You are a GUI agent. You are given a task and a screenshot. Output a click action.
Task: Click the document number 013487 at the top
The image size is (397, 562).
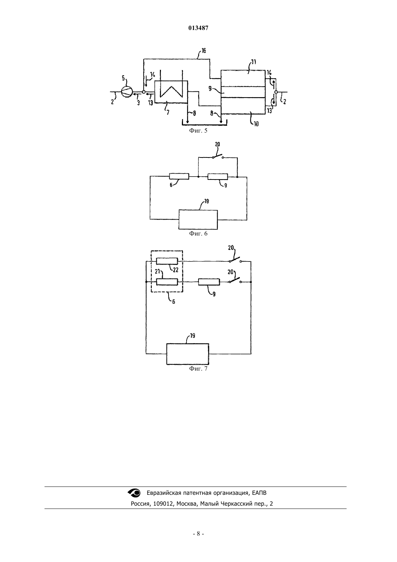[198, 28]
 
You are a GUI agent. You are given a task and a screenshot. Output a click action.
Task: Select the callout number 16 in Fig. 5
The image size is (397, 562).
[204, 51]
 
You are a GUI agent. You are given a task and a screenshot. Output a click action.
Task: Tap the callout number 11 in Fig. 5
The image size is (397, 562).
[254, 62]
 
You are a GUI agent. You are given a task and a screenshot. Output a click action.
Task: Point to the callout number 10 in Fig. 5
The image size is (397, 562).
[256, 124]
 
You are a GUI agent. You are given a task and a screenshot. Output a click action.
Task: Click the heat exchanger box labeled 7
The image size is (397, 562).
[171, 92]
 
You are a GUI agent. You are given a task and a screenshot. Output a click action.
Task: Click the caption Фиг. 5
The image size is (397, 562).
[198, 130]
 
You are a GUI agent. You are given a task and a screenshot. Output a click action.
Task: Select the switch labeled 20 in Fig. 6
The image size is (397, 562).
[218, 156]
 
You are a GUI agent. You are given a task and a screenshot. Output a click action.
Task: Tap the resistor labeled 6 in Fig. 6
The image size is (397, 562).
[179, 176]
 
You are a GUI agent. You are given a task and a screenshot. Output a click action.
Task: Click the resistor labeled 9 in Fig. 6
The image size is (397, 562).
[218, 177]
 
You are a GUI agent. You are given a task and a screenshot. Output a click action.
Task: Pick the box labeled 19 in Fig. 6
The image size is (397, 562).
[198, 220]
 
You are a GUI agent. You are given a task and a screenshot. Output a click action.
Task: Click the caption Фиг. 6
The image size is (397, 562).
[198, 234]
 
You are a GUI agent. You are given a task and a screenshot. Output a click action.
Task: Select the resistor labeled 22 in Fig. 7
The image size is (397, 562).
[167, 261]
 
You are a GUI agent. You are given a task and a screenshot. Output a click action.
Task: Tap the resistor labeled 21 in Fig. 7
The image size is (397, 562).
[167, 282]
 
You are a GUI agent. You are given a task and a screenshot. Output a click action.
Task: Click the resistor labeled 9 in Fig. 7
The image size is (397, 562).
[209, 282]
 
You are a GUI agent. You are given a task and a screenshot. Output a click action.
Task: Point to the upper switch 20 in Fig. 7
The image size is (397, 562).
[235, 260]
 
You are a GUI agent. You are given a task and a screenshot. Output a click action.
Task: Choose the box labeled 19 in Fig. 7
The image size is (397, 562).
[188, 354]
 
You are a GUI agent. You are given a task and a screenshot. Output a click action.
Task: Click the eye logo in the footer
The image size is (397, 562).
[134, 493]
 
